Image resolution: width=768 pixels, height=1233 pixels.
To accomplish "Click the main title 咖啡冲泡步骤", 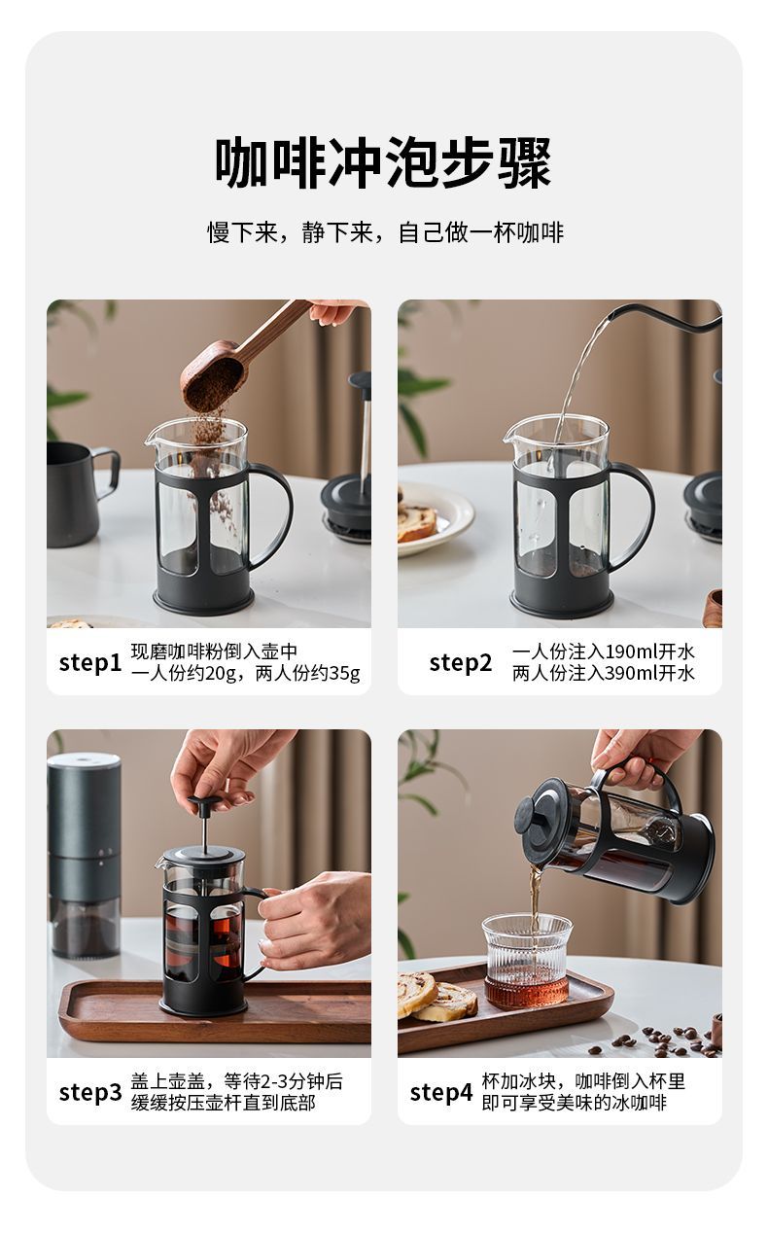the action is coord(383,163).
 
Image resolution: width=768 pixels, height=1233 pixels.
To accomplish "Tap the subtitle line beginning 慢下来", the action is coord(385,232).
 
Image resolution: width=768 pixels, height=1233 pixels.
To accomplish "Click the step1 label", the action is coord(89,664).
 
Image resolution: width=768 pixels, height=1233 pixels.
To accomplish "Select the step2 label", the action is coord(461,664).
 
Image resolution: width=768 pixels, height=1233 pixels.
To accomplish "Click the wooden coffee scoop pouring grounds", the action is coord(242,358).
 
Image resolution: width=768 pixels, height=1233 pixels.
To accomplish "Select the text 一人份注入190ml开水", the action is coord(604,652).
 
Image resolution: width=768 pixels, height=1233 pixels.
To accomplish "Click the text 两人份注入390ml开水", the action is coord(604,673).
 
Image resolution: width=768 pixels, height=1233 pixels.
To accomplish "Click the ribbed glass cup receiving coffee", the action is coord(527,960).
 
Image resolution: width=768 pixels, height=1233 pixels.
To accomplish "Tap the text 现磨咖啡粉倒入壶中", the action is coord(214,652).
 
